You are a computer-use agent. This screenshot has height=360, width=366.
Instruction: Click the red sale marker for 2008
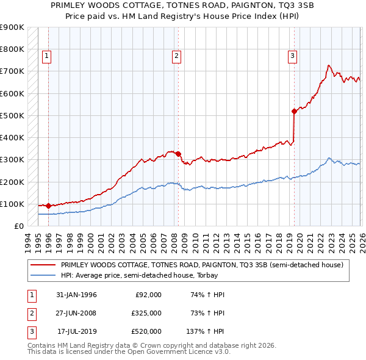click(178, 154)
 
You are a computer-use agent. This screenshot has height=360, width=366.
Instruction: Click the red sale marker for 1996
click(48, 206)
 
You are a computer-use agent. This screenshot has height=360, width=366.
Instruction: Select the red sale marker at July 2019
click(294, 111)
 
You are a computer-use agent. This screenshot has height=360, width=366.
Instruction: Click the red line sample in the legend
click(43, 265)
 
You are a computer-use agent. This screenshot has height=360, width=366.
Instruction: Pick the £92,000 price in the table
click(148, 294)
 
